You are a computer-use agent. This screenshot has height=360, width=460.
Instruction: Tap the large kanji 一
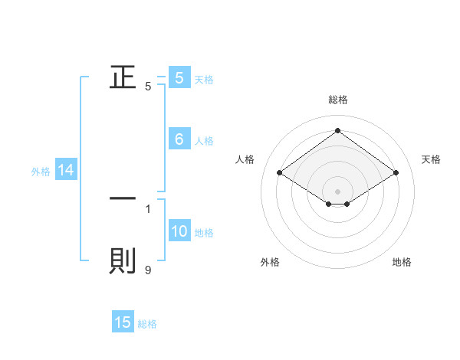point(123,198)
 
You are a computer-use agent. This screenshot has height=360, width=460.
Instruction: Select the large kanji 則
point(123,260)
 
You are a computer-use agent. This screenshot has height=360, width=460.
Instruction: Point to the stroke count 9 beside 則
point(148,270)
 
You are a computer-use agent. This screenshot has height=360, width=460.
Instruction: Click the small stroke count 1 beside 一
point(148,208)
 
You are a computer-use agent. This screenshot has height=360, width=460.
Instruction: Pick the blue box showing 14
point(66,171)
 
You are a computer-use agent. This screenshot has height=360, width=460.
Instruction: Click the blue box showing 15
point(123,322)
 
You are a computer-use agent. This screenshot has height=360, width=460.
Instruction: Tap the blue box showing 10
point(179,232)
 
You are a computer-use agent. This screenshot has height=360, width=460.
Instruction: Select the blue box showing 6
point(179,139)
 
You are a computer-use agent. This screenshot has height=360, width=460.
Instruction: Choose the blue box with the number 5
point(179,77)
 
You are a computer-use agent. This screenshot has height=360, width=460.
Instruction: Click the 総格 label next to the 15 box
point(147,324)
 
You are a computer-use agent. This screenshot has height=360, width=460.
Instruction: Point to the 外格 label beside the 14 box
point(41,172)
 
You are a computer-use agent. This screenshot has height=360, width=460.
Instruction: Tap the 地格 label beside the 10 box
point(204,233)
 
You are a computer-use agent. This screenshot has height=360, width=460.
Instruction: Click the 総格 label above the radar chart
point(338,100)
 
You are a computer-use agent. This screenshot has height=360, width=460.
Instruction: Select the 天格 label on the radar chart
point(432,159)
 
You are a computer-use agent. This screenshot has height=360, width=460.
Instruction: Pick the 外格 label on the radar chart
point(270,262)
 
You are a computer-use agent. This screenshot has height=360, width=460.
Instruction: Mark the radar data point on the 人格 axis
point(280,173)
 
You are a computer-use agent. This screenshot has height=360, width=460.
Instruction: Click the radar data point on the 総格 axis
point(337,131)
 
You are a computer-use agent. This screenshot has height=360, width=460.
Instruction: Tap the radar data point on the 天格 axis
point(396,173)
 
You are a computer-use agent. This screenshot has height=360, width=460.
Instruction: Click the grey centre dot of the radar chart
point(337,191)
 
